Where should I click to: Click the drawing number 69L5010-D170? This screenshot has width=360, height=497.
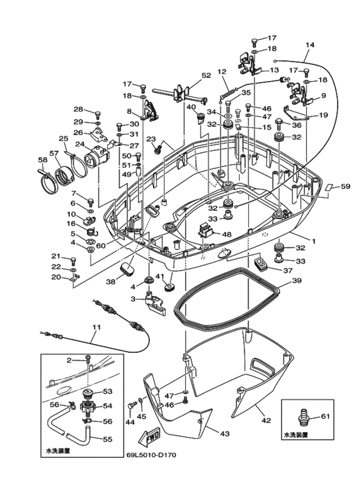pyautogui.click(x=150, y=455)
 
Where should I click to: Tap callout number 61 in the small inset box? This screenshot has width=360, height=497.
pyautogui.click(x=325, y=416)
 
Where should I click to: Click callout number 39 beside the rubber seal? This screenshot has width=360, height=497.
pyautogui.click(x=297, y=280)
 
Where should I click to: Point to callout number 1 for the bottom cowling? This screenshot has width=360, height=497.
pyautogui.click(x=314, y=241)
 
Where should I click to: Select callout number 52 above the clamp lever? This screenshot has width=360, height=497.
pyautogui.click(x=206, y=75)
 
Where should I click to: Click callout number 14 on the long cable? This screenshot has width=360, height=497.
pyautogui.click(x=310, y=45)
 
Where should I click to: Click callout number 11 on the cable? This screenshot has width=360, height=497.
pyautogui.click(x=96, y=327)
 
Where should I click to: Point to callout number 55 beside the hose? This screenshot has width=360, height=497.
pyautogui.click(x=107, y=439)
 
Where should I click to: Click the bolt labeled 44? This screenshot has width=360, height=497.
pyautogui.click(x=132, y=405)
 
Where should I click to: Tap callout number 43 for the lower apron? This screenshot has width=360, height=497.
pyautogui.click(x=224, y=433)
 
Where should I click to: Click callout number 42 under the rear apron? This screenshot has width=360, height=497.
pyautogui.click(x=266, y=420)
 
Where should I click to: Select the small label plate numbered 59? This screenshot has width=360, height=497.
pyautogui.click(x=328, y=186)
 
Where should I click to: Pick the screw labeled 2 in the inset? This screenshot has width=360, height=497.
pyautogui.click(x=88, y=359)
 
